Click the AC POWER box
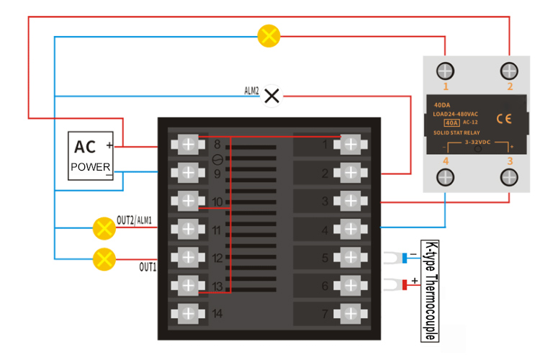[91, 156]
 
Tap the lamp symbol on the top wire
[269, 36]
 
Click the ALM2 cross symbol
[272, 96]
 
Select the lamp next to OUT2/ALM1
[105, 228]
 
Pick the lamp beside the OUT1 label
[105, 258]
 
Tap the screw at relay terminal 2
[509, 71]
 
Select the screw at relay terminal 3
[509, 176]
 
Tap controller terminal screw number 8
[188, 145]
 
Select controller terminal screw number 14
[188, 313]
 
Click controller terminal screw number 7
[351, 313]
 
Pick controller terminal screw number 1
[351, 145]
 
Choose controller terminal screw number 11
[188, 229]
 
